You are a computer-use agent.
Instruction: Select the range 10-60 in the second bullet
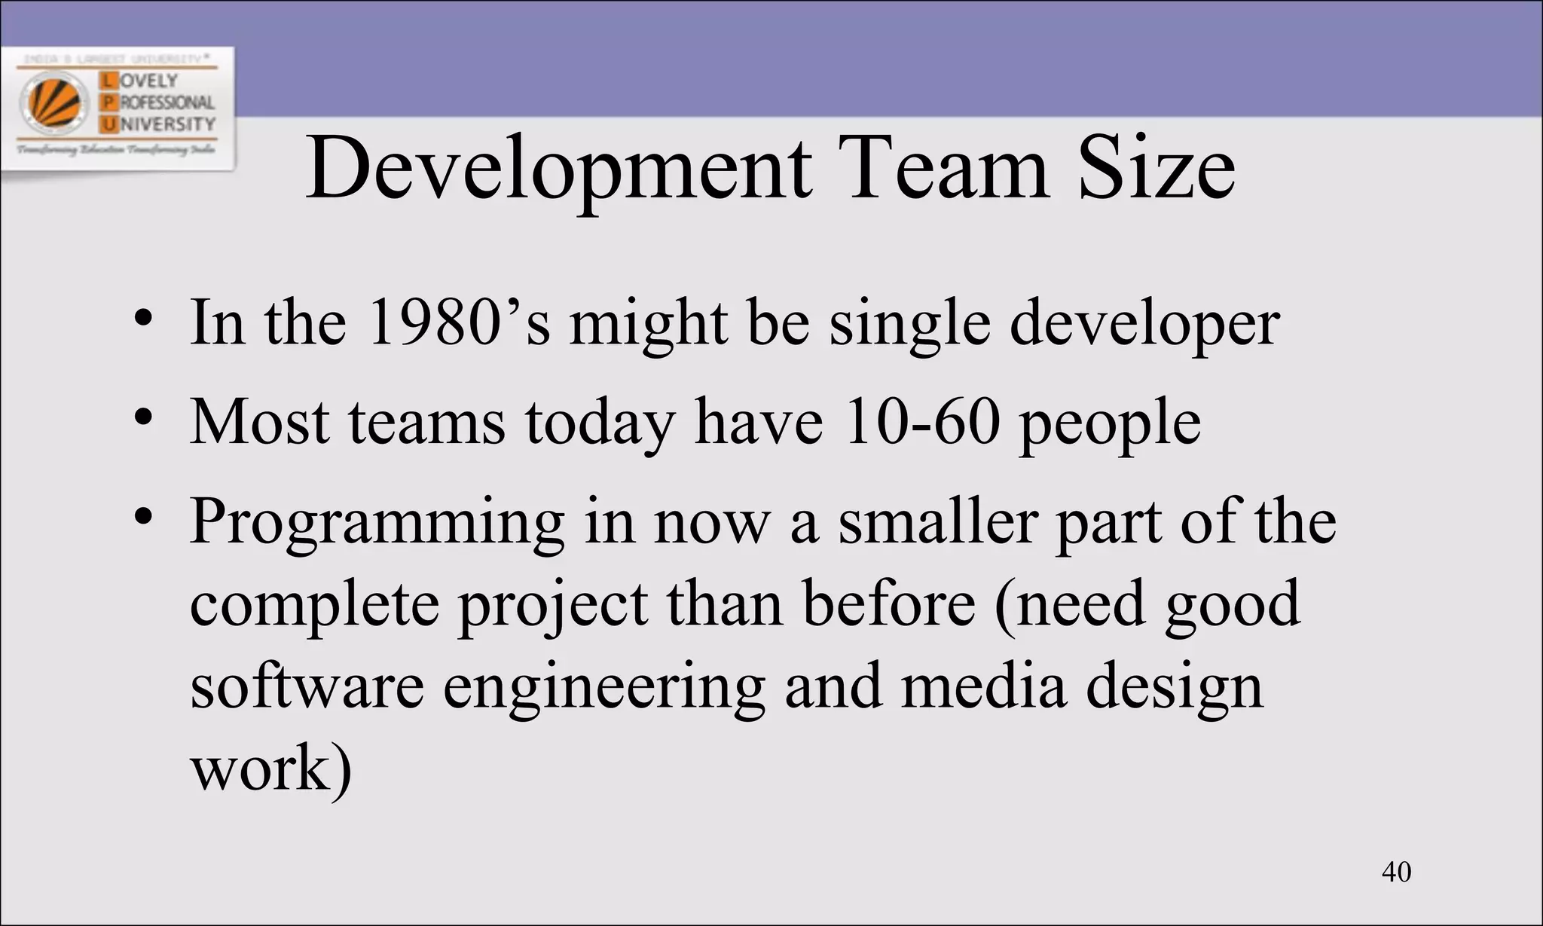tap(922, 421)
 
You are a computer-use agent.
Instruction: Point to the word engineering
tap(604, 689)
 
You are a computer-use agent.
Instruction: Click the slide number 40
tap(1396, 872)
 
